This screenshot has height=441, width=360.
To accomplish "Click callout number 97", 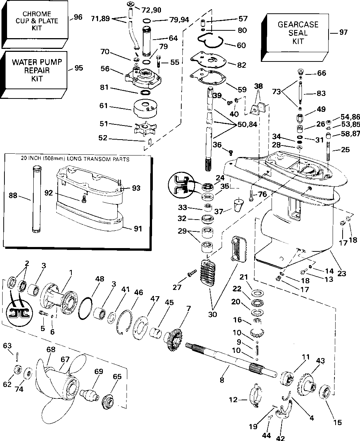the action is pyautogui.click(x=343, y=32).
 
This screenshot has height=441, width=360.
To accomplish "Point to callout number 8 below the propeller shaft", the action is pyautogui.click(x=222, y=380).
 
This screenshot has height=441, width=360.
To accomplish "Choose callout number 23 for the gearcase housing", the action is pyautogui.click(x=342, y=273).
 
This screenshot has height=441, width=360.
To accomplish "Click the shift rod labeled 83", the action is pyautogui.click(x=301, y=93).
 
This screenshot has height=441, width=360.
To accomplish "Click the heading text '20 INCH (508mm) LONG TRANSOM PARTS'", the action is pyautogui.click(x=75, y=159).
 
